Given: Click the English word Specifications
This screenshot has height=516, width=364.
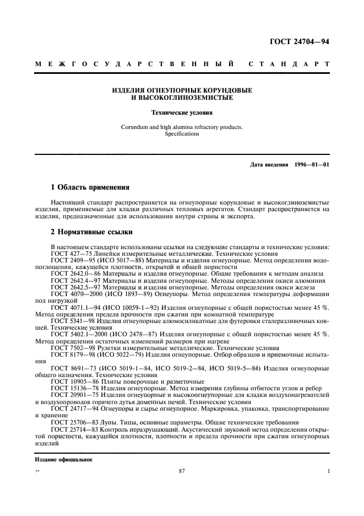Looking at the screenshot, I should [182, 134].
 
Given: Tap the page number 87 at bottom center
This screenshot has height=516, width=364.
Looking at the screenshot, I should [182, 471].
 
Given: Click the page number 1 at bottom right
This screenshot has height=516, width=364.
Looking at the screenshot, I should [328, 471].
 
